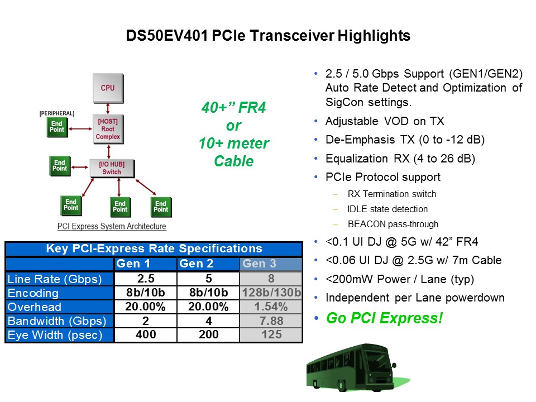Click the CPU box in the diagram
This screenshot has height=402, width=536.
click(108, 88)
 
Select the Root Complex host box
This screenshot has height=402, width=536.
click(108, 128)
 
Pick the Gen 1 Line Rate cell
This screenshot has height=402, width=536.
click(146, 278)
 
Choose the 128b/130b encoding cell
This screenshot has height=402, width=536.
click(271, 293)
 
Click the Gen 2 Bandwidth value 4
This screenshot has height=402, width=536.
click(208, 321)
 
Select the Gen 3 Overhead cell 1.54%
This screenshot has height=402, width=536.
click(271, 307)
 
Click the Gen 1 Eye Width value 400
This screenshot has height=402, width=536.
click(146, 335)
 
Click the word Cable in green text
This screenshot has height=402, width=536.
click(233, 161)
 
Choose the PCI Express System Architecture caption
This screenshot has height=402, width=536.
click(112, 226)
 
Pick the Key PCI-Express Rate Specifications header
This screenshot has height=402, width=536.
click(154, 248)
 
